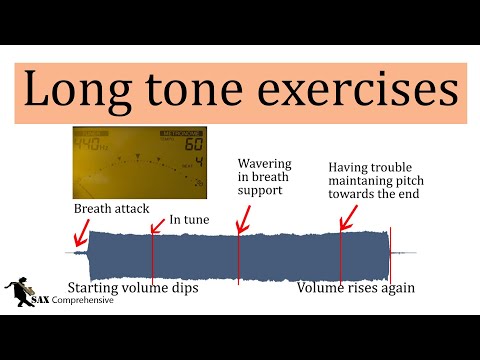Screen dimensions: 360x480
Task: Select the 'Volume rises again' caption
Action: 355,287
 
